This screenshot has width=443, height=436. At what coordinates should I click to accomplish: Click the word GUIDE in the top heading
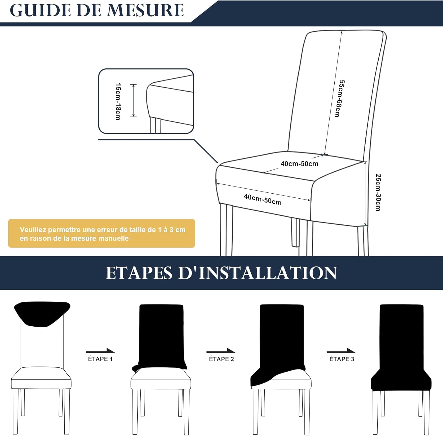pyautogui.click(x=40, y=10)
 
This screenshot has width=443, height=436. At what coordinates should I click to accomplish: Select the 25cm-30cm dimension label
pyautogui.click(x=378, y=192)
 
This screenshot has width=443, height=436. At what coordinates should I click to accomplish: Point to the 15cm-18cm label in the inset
pyautogui.click(x=118, y=101)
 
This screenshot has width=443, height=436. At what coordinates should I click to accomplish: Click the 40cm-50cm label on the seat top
pyautogui.click(x=299, y=164)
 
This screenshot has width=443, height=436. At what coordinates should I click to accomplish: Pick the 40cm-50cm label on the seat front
pyautogui.click(x=263, y=200)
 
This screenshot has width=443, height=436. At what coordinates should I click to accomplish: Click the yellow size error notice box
pyautogui.click(x=101, y=234)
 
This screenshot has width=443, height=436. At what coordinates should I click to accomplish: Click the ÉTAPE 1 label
pyautogui.click(x=100, y=359)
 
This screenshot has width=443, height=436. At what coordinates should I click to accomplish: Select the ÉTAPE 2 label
pyautogui.click(x=221, y=359)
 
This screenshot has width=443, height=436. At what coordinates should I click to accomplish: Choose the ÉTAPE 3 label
pyautogui.click(x=341, y=359)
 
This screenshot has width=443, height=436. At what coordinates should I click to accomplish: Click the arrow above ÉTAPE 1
pyautogui.click(x=101, y=351)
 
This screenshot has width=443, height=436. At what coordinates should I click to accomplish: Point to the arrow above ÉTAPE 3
pyautogui.click(x=341, y=351)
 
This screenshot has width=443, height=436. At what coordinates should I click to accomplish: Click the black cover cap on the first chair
pyautogui.click(x=42, y=313)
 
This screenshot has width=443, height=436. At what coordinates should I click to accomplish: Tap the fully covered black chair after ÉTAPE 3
pyautogui.click(x=401, y=349)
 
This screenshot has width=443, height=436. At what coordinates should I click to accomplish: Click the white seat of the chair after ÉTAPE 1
pyautogui.click(x=161, y=379)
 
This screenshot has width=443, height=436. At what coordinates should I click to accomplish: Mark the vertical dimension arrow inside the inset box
pyautogui.click(x=133, y=101)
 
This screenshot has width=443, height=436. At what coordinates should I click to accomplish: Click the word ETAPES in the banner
pyautogui.click(x=139, y=273)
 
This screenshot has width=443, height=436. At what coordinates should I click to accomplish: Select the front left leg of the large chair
pyautogui.click(x=226, y=231)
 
